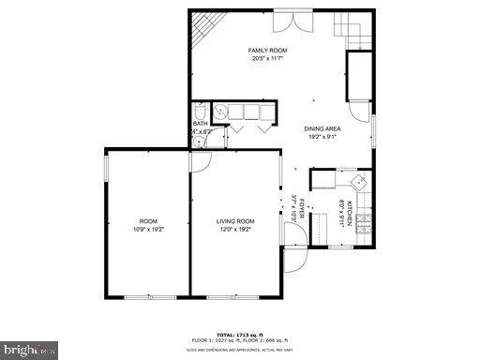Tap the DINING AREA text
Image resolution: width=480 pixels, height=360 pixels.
322,128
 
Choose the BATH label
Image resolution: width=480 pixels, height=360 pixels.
200,124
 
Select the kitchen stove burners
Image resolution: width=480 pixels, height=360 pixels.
365,223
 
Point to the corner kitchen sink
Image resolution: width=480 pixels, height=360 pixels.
358,180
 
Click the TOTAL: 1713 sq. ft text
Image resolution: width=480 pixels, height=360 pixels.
239,333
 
